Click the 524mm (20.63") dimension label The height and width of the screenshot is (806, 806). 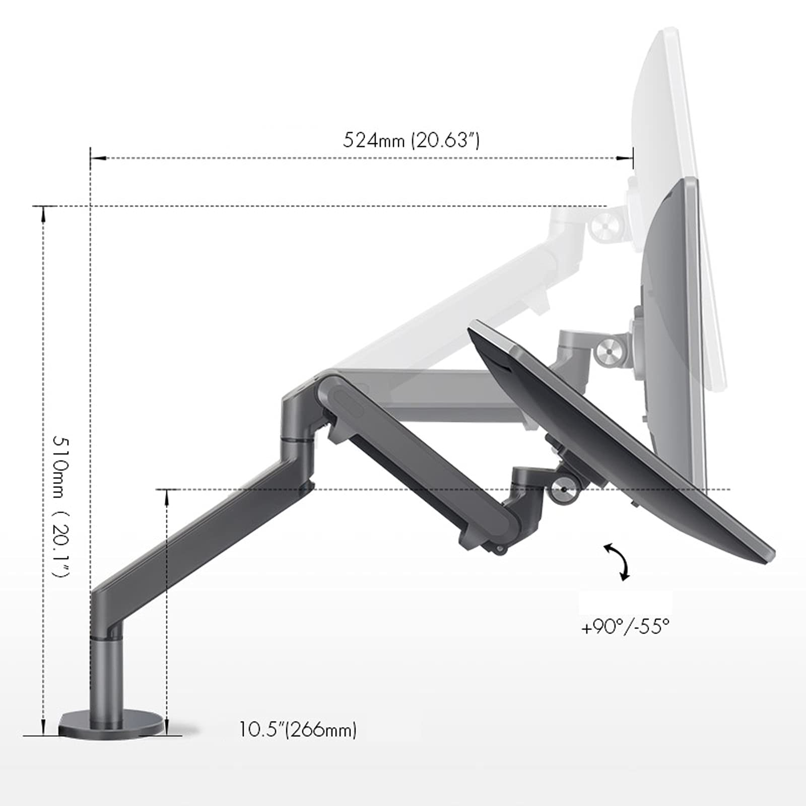coord(411,140)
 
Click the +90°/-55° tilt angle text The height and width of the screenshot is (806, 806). coord(626,627)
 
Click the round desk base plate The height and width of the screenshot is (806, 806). coord(112,724)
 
